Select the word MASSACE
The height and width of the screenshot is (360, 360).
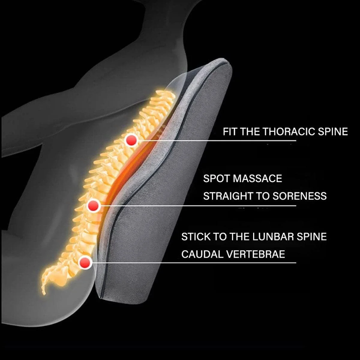257,179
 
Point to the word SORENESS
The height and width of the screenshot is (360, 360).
299,196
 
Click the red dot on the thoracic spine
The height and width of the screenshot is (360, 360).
131,140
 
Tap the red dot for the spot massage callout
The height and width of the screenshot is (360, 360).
94,206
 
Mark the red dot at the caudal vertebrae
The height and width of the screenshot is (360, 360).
85,263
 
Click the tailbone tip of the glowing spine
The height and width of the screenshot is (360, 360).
44,292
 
